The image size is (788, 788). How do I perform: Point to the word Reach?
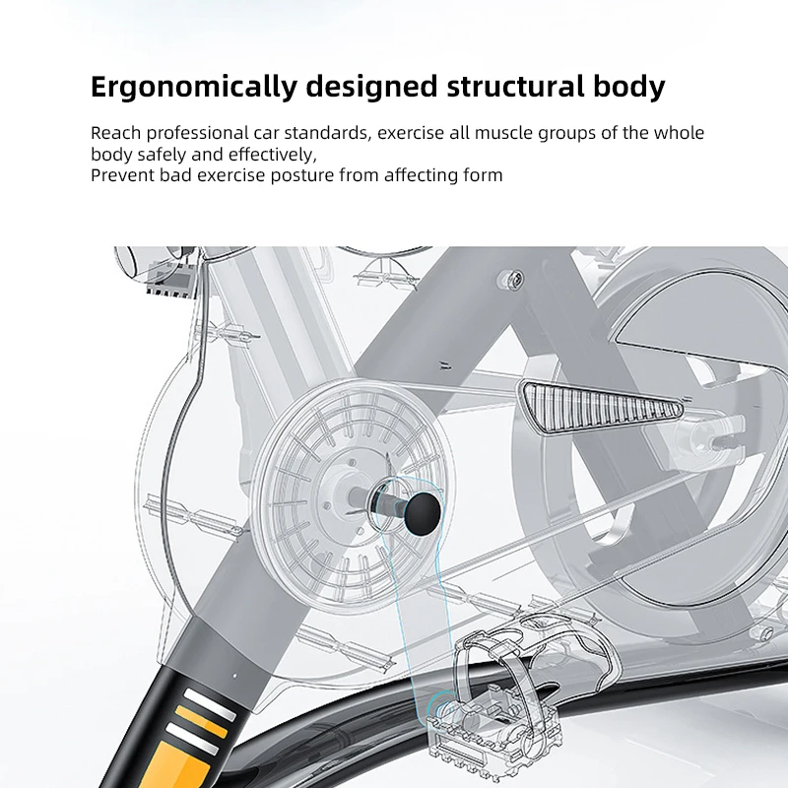pos(114,133)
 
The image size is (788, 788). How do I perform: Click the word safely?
pos(160,155)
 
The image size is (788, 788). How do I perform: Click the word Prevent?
pos(121,175)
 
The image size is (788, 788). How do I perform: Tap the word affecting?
pos(427,175)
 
